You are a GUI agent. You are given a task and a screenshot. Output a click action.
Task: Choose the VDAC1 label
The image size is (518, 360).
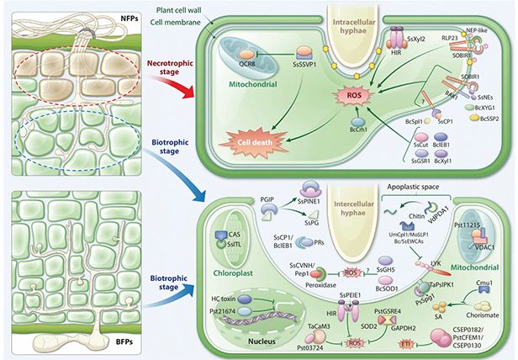click(x=484, y=251)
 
